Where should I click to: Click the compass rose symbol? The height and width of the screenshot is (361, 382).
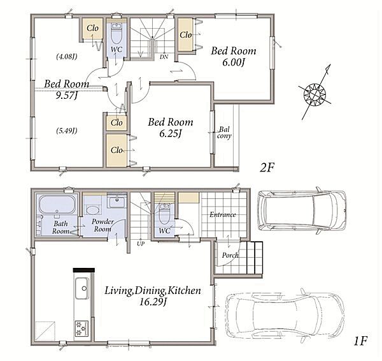click(315, 94)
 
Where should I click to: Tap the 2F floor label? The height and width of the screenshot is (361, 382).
click(267, 168)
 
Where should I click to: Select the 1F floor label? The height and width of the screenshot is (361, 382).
click(360, 341)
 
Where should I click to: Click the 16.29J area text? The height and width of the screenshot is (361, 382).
click(153, 302)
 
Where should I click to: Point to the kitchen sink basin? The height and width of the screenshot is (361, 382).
click(82, 288)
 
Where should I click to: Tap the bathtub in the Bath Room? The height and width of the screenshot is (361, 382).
click(57, 204)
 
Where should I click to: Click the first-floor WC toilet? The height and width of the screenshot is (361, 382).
click(165, 214)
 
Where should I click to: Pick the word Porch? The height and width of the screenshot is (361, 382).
click(230, 255)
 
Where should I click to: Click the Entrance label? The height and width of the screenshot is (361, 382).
click(223, 214)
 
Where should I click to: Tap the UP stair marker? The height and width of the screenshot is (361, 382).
click(141, 244)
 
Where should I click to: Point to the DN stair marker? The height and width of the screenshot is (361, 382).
click(164, 57)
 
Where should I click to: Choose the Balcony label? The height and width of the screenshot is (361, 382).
click(224, 133)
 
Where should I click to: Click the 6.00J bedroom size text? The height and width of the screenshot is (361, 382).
click(233, 63)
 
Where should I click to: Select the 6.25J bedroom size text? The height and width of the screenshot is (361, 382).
click(170, 133)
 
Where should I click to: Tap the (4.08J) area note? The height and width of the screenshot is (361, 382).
click(66, 57)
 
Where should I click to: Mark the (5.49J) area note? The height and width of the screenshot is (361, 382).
click(66, 131)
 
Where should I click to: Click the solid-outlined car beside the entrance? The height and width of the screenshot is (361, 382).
click(302, 210)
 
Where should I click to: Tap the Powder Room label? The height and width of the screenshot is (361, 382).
click(103, 225)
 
